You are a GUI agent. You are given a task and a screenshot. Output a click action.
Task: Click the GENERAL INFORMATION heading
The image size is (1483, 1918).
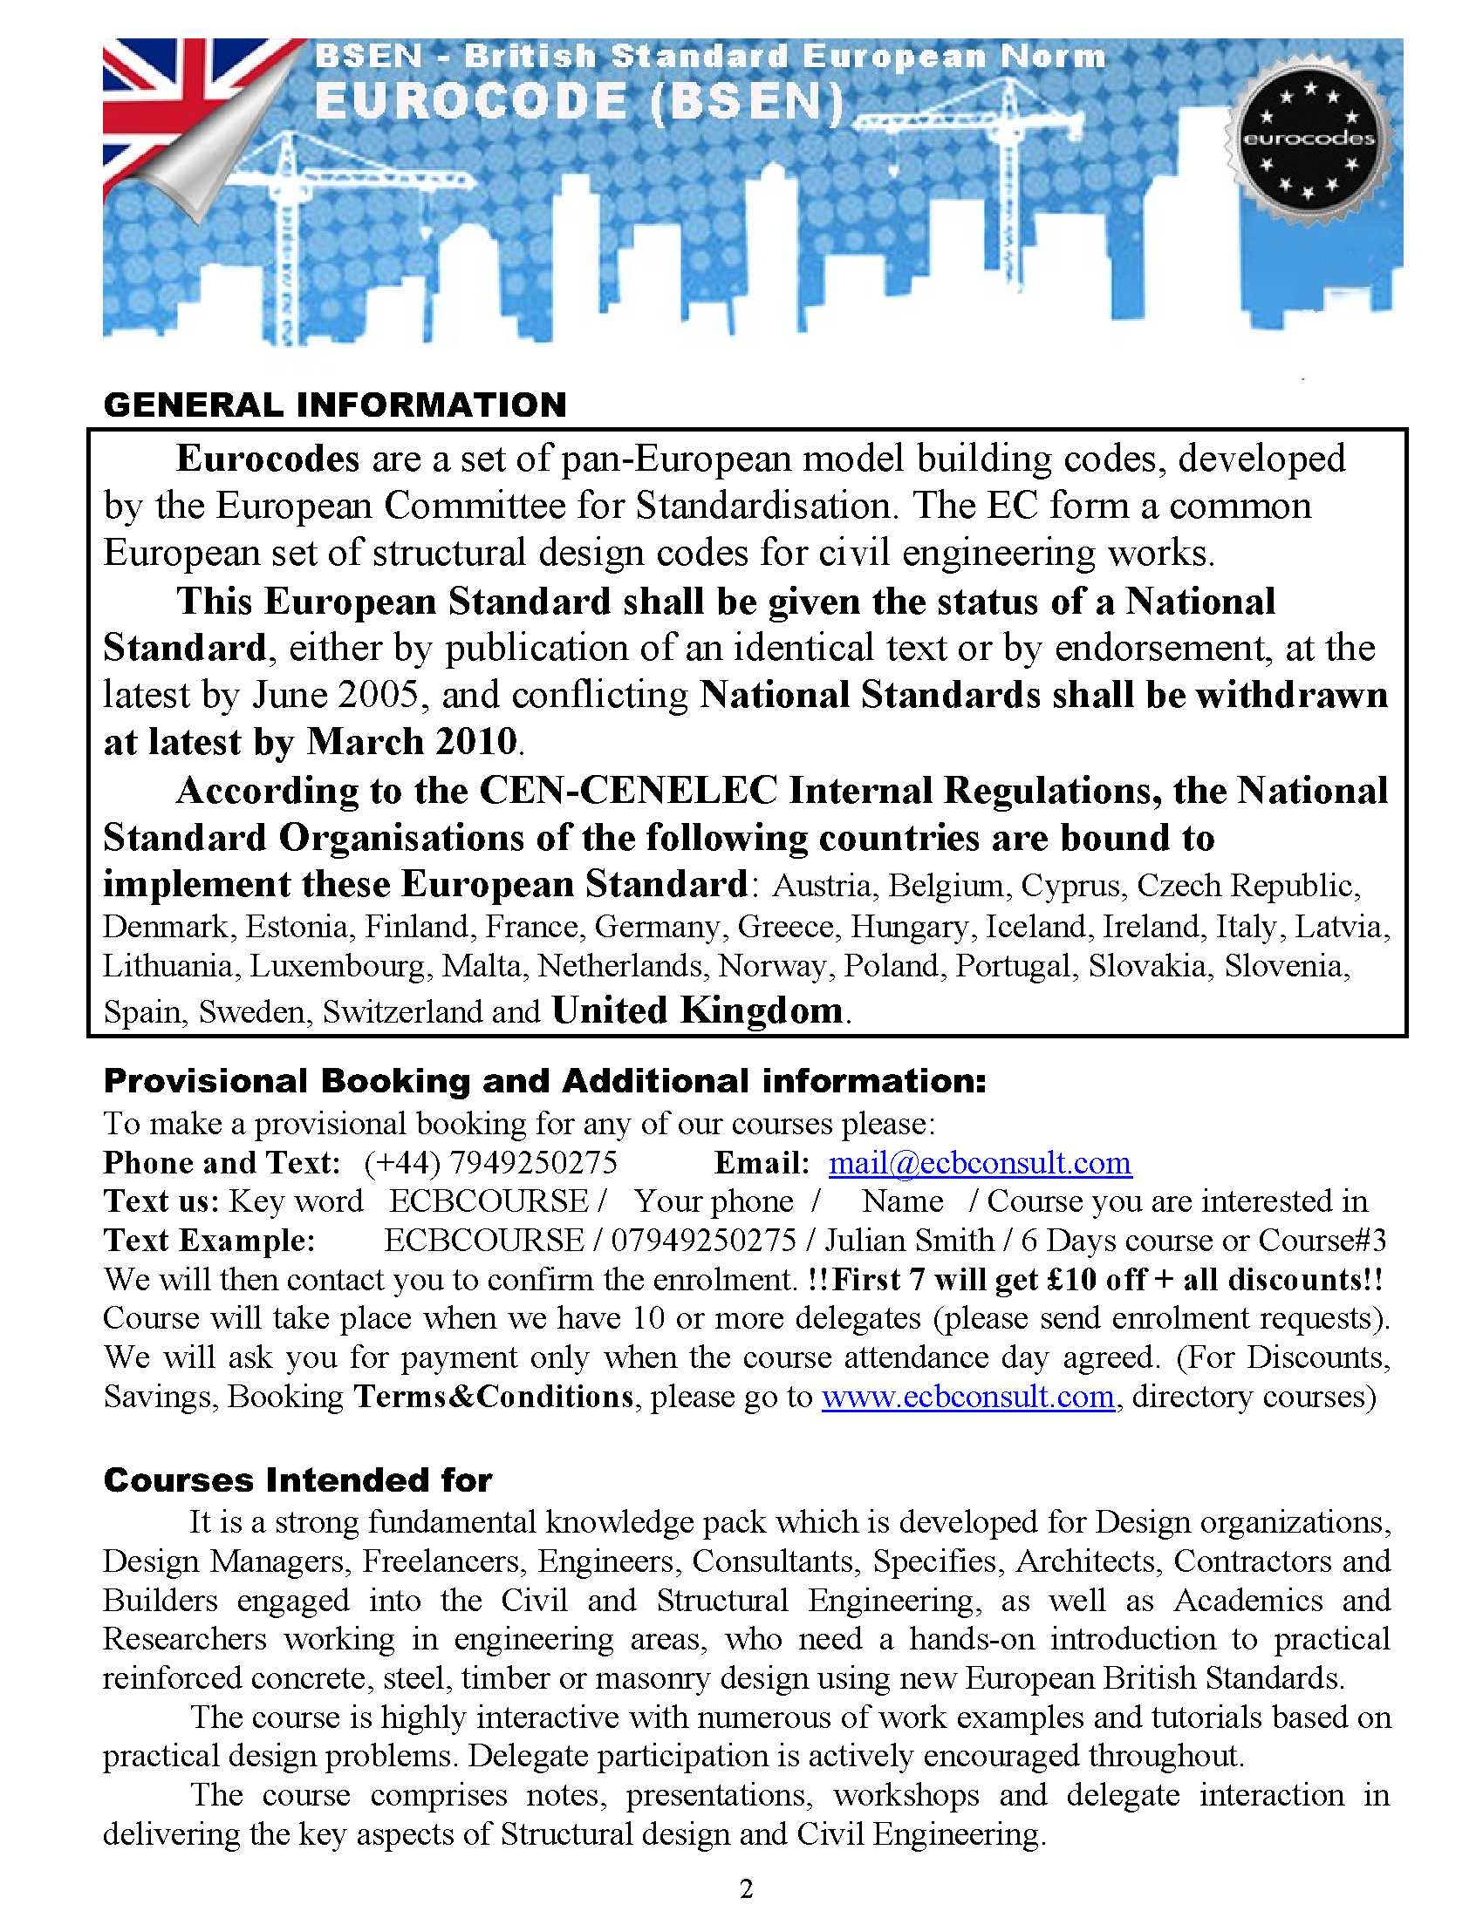(x=335, y=405)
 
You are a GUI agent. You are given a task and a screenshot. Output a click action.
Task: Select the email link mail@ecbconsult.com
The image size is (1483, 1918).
(x=980, y=1163)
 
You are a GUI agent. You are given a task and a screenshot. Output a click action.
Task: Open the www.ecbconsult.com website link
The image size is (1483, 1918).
(x=968, y=1396)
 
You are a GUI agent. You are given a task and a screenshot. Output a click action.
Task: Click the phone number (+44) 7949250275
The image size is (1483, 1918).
(x=490, y=1163)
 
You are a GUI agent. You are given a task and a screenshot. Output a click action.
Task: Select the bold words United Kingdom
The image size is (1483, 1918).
(x=698, y=1010)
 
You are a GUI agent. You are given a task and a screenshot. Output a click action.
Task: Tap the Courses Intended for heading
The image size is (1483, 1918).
(x=297, y=1479)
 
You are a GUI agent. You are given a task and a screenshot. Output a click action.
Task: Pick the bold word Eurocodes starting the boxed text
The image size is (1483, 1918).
(x=268, y=459)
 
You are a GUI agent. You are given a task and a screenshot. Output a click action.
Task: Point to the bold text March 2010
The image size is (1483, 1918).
(x=412, y=741)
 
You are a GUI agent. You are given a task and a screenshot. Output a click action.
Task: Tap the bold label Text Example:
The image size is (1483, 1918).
(x=209, y=1240)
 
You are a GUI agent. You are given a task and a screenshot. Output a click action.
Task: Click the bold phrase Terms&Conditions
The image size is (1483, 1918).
(x=493, y=1396)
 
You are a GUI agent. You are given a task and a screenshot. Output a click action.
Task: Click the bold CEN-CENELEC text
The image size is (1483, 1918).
(x=628, y=791)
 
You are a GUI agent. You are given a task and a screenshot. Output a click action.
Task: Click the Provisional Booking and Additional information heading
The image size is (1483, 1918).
(x=544, y=1081)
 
